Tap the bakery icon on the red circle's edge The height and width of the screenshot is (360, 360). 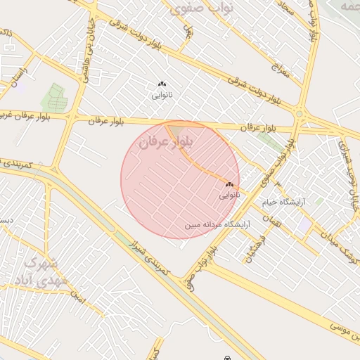click(x=229, y=185)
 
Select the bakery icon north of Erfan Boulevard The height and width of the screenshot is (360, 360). click(x=162, y=84)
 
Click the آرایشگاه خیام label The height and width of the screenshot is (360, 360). click(x=286, y=202)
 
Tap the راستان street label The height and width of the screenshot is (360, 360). click(x=17, y=77)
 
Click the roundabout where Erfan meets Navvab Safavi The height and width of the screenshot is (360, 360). click(x=300, y=114)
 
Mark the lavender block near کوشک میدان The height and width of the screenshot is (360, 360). click(x=304, y=226)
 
